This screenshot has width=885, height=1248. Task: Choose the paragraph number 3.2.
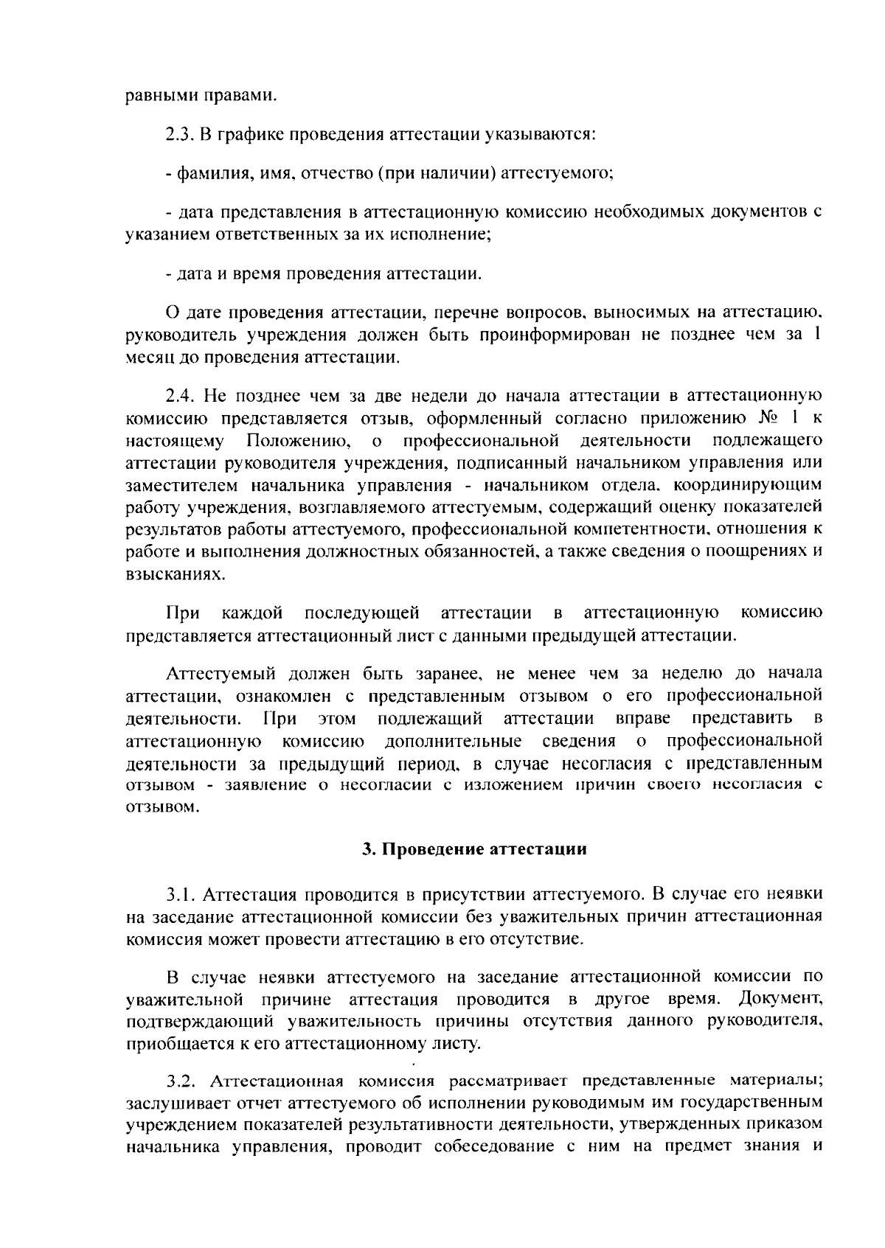tap(181, 1081)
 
